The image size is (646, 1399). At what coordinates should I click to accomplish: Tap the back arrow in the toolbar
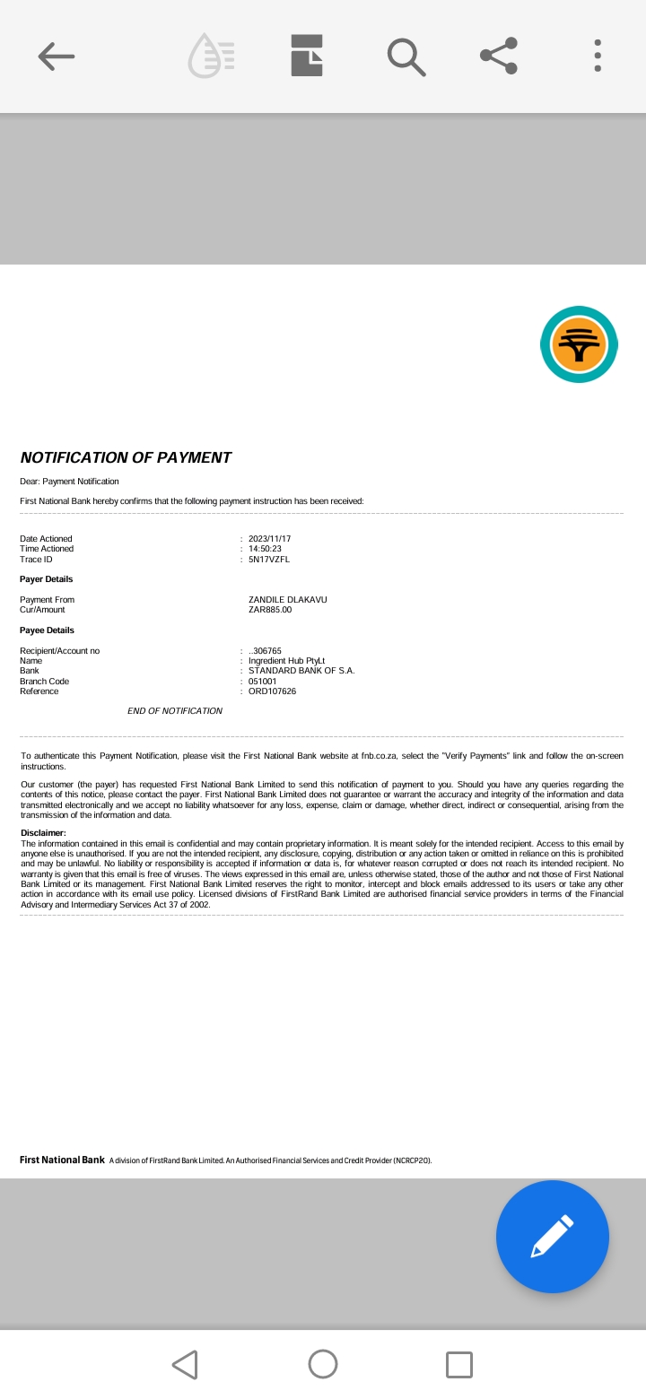[57, 56]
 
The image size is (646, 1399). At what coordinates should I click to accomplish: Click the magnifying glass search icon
[406, 56]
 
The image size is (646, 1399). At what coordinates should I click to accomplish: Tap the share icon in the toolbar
[499, 56]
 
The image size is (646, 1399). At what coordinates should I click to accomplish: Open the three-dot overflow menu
[598, 56]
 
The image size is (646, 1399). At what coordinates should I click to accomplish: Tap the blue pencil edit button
[552, 1236]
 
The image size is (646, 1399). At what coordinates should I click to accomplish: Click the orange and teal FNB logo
[579, 344]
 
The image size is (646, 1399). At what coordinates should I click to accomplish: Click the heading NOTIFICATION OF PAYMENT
[126, 457]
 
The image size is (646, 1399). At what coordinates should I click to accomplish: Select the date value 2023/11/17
[269, 539]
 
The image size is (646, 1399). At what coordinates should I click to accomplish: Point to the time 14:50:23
[265, 549]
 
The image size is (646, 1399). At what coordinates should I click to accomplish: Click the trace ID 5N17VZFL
[268, 560]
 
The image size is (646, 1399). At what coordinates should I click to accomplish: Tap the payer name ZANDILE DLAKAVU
[287, 600]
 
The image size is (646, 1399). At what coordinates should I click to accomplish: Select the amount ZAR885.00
[270, 610]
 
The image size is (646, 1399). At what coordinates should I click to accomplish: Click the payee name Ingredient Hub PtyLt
[286, 661]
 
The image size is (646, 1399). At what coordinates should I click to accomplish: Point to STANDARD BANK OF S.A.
[301, 671]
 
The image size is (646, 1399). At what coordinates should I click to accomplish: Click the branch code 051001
[262, 682]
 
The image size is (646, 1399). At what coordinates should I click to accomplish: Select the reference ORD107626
[272, 691]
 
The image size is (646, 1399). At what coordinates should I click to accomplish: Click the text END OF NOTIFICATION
[175, 711]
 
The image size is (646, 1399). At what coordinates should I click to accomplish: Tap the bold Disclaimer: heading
[43, 833]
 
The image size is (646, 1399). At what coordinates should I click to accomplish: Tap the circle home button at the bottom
[323, 1364]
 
